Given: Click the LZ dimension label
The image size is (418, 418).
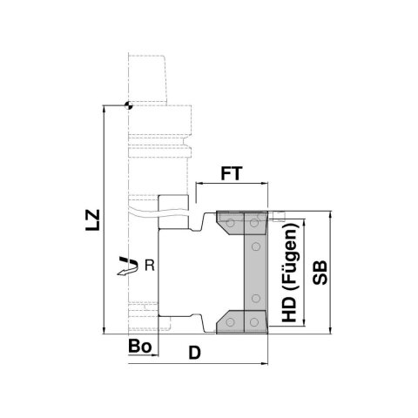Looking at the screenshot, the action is (92, 220).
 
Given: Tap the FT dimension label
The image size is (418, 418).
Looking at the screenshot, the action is (232, 173).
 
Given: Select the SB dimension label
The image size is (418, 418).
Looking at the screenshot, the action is (320, 273).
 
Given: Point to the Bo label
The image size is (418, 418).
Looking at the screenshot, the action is (140, 346).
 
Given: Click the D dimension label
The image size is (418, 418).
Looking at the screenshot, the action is (195, 353).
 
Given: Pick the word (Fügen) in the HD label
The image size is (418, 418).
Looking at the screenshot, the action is (291, 256).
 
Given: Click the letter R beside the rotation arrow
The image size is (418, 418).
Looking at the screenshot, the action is (150, 266).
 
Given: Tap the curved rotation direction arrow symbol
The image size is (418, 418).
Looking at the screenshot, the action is (127, 266).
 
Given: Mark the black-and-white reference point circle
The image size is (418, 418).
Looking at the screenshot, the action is (128, 105).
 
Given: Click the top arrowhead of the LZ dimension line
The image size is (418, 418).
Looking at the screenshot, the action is (104, 109).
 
